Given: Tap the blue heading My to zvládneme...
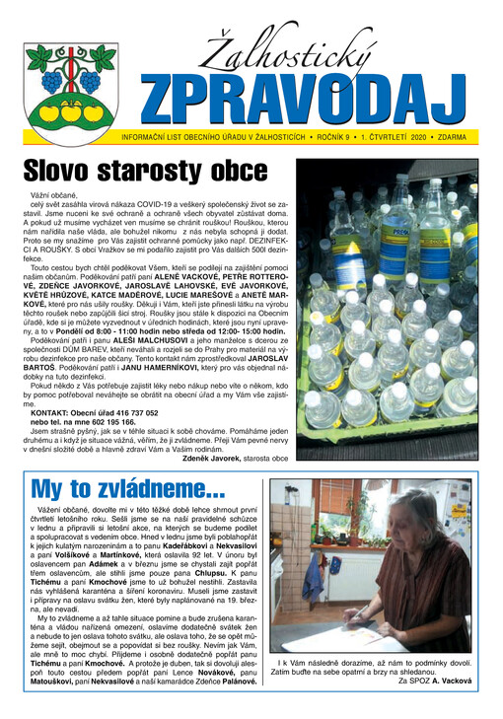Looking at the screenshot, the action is [x=128, y=489].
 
